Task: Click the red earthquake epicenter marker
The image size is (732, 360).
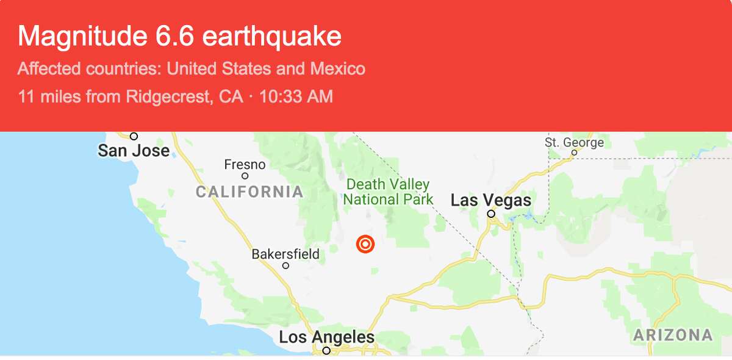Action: [365, 245]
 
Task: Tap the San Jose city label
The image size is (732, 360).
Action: [134, 150]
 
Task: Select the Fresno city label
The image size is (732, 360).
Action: [245, 165]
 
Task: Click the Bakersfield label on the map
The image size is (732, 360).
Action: [285, 254]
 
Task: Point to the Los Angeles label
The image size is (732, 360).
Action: [326, 337]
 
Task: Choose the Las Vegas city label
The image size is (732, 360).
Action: [490, 200]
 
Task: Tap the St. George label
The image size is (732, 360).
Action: [574, 143]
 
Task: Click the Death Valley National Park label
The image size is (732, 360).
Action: [388, 192]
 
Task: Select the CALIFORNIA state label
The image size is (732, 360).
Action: [249, 192]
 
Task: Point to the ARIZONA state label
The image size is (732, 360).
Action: [672, 335]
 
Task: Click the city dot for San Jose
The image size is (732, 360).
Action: [134, 136]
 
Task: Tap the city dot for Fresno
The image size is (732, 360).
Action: [245, 176]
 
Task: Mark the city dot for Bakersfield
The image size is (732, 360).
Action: [285, 265]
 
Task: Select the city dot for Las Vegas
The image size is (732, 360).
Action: [491, 214]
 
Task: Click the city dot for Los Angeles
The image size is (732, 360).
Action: [326, 350]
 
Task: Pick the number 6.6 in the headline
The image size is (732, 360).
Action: [171, 37]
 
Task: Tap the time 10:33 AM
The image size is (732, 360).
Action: [296, 96]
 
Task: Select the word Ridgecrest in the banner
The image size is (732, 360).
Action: [165, 96]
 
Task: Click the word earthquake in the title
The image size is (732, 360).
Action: [271, 37]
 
